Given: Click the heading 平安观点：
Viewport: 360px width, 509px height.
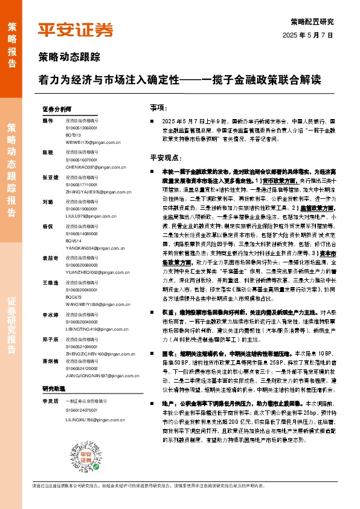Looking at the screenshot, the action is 165,157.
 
